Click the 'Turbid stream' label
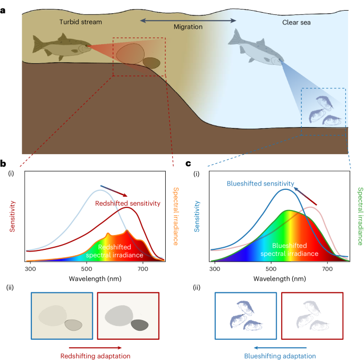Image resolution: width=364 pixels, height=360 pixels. [81, 22]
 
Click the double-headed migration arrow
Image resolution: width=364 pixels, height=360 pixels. [188, 20]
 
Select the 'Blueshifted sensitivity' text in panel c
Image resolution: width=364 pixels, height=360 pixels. [258, 183]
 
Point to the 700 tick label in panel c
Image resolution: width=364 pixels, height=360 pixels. [328, 270]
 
